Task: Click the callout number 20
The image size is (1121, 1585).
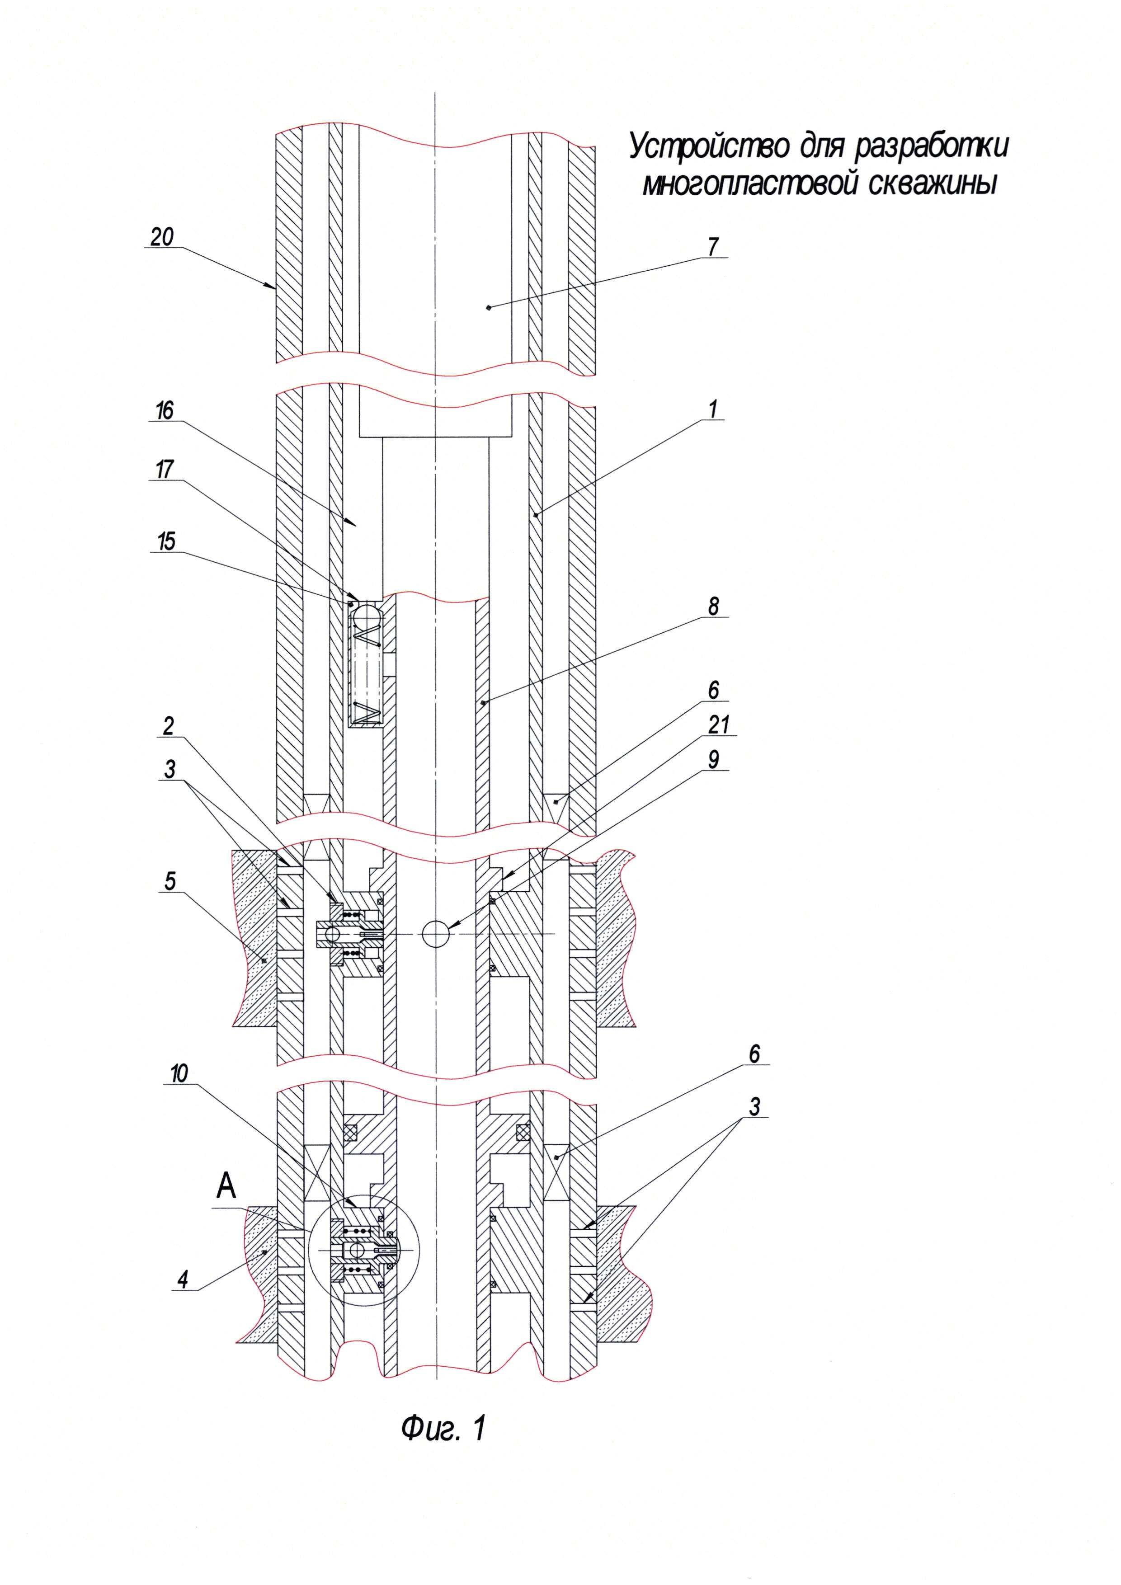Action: (x=162, y=237)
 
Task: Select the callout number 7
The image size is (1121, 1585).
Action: (x=713, y=246)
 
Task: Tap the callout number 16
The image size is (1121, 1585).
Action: (x=164, y=411)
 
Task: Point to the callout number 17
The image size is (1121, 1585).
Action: (x=164, y=470)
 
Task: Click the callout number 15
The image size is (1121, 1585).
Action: (x=166, y=541)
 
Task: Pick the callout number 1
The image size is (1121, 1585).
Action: (x=713, y=409)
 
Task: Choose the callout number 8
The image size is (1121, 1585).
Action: (x=713, y=606)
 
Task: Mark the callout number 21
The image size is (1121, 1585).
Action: (x=719, y=725)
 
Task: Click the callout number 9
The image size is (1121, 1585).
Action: (x=713, y=759)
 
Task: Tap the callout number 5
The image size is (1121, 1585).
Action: (x=170, y=881)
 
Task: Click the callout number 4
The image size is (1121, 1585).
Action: (x=182, y=1280)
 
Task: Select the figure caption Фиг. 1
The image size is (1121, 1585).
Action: (x=443, y=1428)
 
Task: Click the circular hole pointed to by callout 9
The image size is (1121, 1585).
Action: (x=436, y=934)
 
